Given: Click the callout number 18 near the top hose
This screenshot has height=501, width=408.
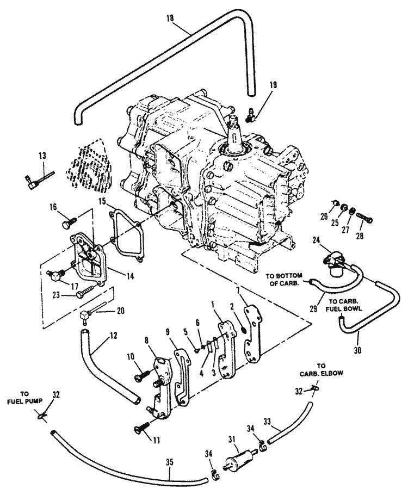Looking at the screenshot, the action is (170, 18).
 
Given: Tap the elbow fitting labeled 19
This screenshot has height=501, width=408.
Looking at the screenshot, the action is (250, 115).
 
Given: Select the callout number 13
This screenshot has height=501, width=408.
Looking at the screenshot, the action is (42, 156).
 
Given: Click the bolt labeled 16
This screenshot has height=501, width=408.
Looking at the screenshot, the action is (69, 222).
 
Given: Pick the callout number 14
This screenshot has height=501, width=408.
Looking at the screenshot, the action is (130, 276).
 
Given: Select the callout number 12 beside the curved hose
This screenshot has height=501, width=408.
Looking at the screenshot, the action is (113, 336).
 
